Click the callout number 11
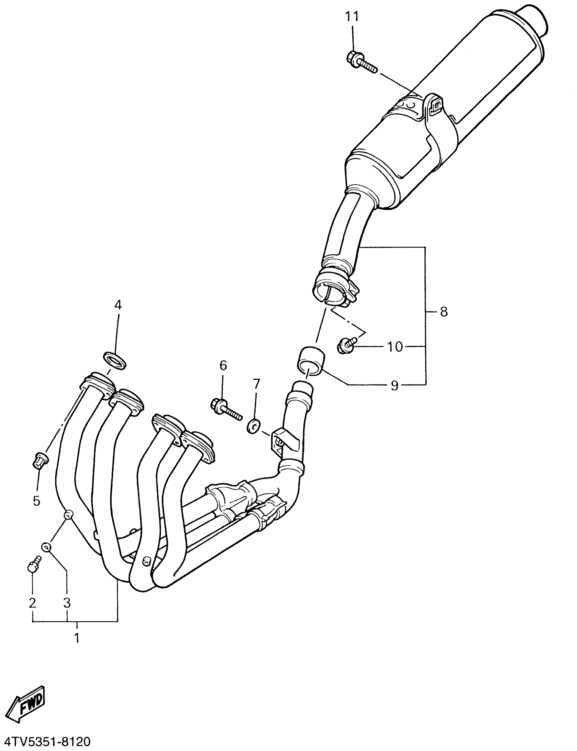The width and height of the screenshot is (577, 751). tap(352, 16)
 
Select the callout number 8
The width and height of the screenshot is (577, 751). tap(444, 312)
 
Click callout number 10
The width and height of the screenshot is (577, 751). tap(395, 347)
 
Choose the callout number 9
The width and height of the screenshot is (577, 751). tap(395, 386)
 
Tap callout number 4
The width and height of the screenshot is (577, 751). tap(118, 305)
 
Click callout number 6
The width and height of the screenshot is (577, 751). tap(223, 365)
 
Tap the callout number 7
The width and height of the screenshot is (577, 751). tap(257, 383)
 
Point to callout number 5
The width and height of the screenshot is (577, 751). tap(37, 501)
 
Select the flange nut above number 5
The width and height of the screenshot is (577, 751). tap(40, 461)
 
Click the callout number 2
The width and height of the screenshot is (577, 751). tap(33, 603)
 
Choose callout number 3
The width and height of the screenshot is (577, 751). tap(67, 603)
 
